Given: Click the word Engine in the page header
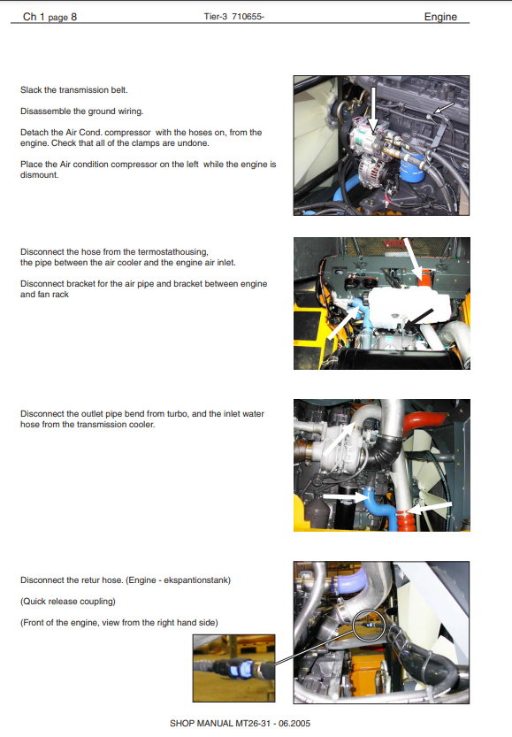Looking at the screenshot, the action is point(440,17).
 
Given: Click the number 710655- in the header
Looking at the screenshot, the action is point(248,17).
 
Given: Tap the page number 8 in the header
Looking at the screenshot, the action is point(73,17).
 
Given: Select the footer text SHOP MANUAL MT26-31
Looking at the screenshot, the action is point(220,724).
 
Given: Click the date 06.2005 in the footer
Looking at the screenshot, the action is point(294,724).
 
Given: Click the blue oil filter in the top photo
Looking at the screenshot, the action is point(413,168).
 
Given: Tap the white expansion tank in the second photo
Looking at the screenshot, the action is point(408,306).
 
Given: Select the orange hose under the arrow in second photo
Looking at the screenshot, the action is point(424,280).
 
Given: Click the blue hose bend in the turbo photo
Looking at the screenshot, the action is point(379,508).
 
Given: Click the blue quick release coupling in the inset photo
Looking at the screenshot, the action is point(240,666).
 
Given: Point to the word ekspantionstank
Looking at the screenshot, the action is point(196,580).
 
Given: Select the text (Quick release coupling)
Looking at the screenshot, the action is point(67,601).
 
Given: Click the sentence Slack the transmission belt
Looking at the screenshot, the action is point(73,89).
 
